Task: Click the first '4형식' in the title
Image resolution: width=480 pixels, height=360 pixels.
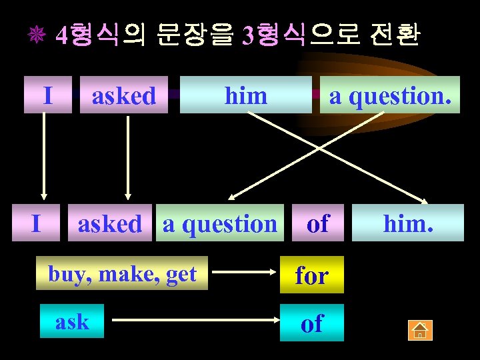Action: (87, 35)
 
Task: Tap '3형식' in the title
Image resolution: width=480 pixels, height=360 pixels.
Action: (273, 35)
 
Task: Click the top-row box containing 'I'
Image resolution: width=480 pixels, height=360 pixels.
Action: (47, 95)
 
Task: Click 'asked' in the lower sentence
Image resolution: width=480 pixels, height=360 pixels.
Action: (109, 224)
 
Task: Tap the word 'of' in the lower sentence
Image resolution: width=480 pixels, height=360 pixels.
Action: (317, 223)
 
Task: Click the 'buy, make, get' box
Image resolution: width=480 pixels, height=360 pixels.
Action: (123, 273)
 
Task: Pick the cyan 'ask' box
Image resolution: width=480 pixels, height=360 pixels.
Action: (72, 321)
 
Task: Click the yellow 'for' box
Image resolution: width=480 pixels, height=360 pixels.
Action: (312, 274)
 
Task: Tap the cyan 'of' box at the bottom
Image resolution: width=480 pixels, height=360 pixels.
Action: (312, 323)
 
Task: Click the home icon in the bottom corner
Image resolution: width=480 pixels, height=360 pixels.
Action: (421, 329)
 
